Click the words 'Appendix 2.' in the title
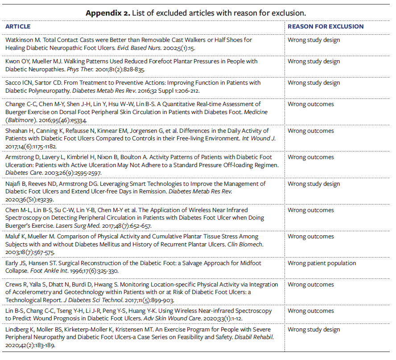(107, 12)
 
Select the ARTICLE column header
(18, 27)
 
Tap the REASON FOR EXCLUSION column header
(326, 27)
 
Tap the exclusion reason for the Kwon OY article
(313, 61)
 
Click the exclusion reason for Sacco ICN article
(313, 82)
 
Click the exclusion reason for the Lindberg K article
(313, 330)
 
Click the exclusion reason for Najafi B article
(313, 184)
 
